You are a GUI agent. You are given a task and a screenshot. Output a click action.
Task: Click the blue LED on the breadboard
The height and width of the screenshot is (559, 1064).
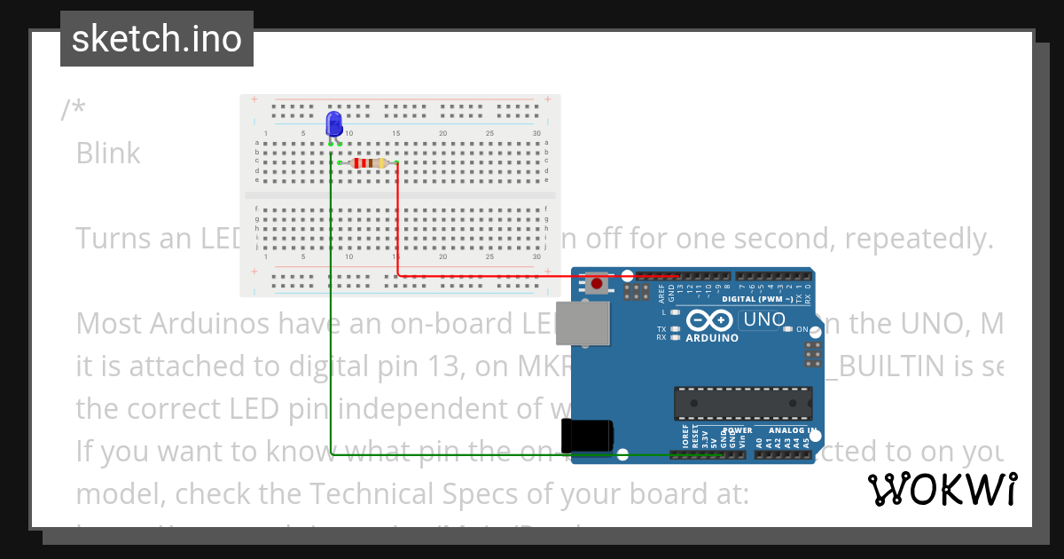(334, 124)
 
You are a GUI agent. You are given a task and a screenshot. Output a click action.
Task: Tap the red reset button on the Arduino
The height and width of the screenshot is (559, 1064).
(597, 284)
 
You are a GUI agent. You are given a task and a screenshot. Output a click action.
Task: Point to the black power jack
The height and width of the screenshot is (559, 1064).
(587, 435)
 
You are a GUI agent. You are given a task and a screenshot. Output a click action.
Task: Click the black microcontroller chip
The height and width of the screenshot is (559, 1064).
(742, 403)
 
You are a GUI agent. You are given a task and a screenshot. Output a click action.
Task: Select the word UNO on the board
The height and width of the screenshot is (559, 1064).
(765, 319)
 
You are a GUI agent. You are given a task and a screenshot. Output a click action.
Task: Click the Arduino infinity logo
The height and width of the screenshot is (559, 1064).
(711, 320)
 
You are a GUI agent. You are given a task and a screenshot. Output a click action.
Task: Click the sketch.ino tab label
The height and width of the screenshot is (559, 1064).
(157, 39)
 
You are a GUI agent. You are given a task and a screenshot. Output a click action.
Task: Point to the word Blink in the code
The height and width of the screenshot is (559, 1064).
(108, 154)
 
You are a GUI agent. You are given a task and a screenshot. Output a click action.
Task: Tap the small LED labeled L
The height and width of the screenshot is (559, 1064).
(675, 312)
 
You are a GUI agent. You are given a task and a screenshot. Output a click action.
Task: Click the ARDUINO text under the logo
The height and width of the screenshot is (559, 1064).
(711, 338)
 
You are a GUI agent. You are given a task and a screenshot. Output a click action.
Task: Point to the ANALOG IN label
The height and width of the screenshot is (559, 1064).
(791, 431)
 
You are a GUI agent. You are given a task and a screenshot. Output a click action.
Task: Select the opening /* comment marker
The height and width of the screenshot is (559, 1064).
(74, 110)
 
